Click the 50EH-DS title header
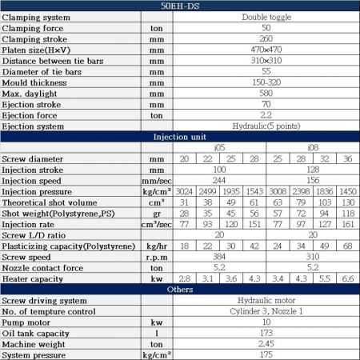coord(179,6)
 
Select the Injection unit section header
coord(179,137)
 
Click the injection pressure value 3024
coord(185,192)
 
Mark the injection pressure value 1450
coord(347,192)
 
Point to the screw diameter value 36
coord(347,159)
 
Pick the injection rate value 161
coord(347,225)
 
